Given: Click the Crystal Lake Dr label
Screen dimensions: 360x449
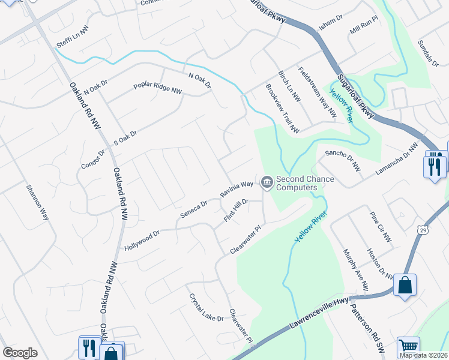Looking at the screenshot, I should point(206,307).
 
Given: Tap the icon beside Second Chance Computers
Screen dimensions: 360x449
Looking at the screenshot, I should point(266,180).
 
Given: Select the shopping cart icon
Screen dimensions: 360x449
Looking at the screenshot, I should point(408,346).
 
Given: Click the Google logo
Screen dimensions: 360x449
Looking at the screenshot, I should point(20,352).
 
